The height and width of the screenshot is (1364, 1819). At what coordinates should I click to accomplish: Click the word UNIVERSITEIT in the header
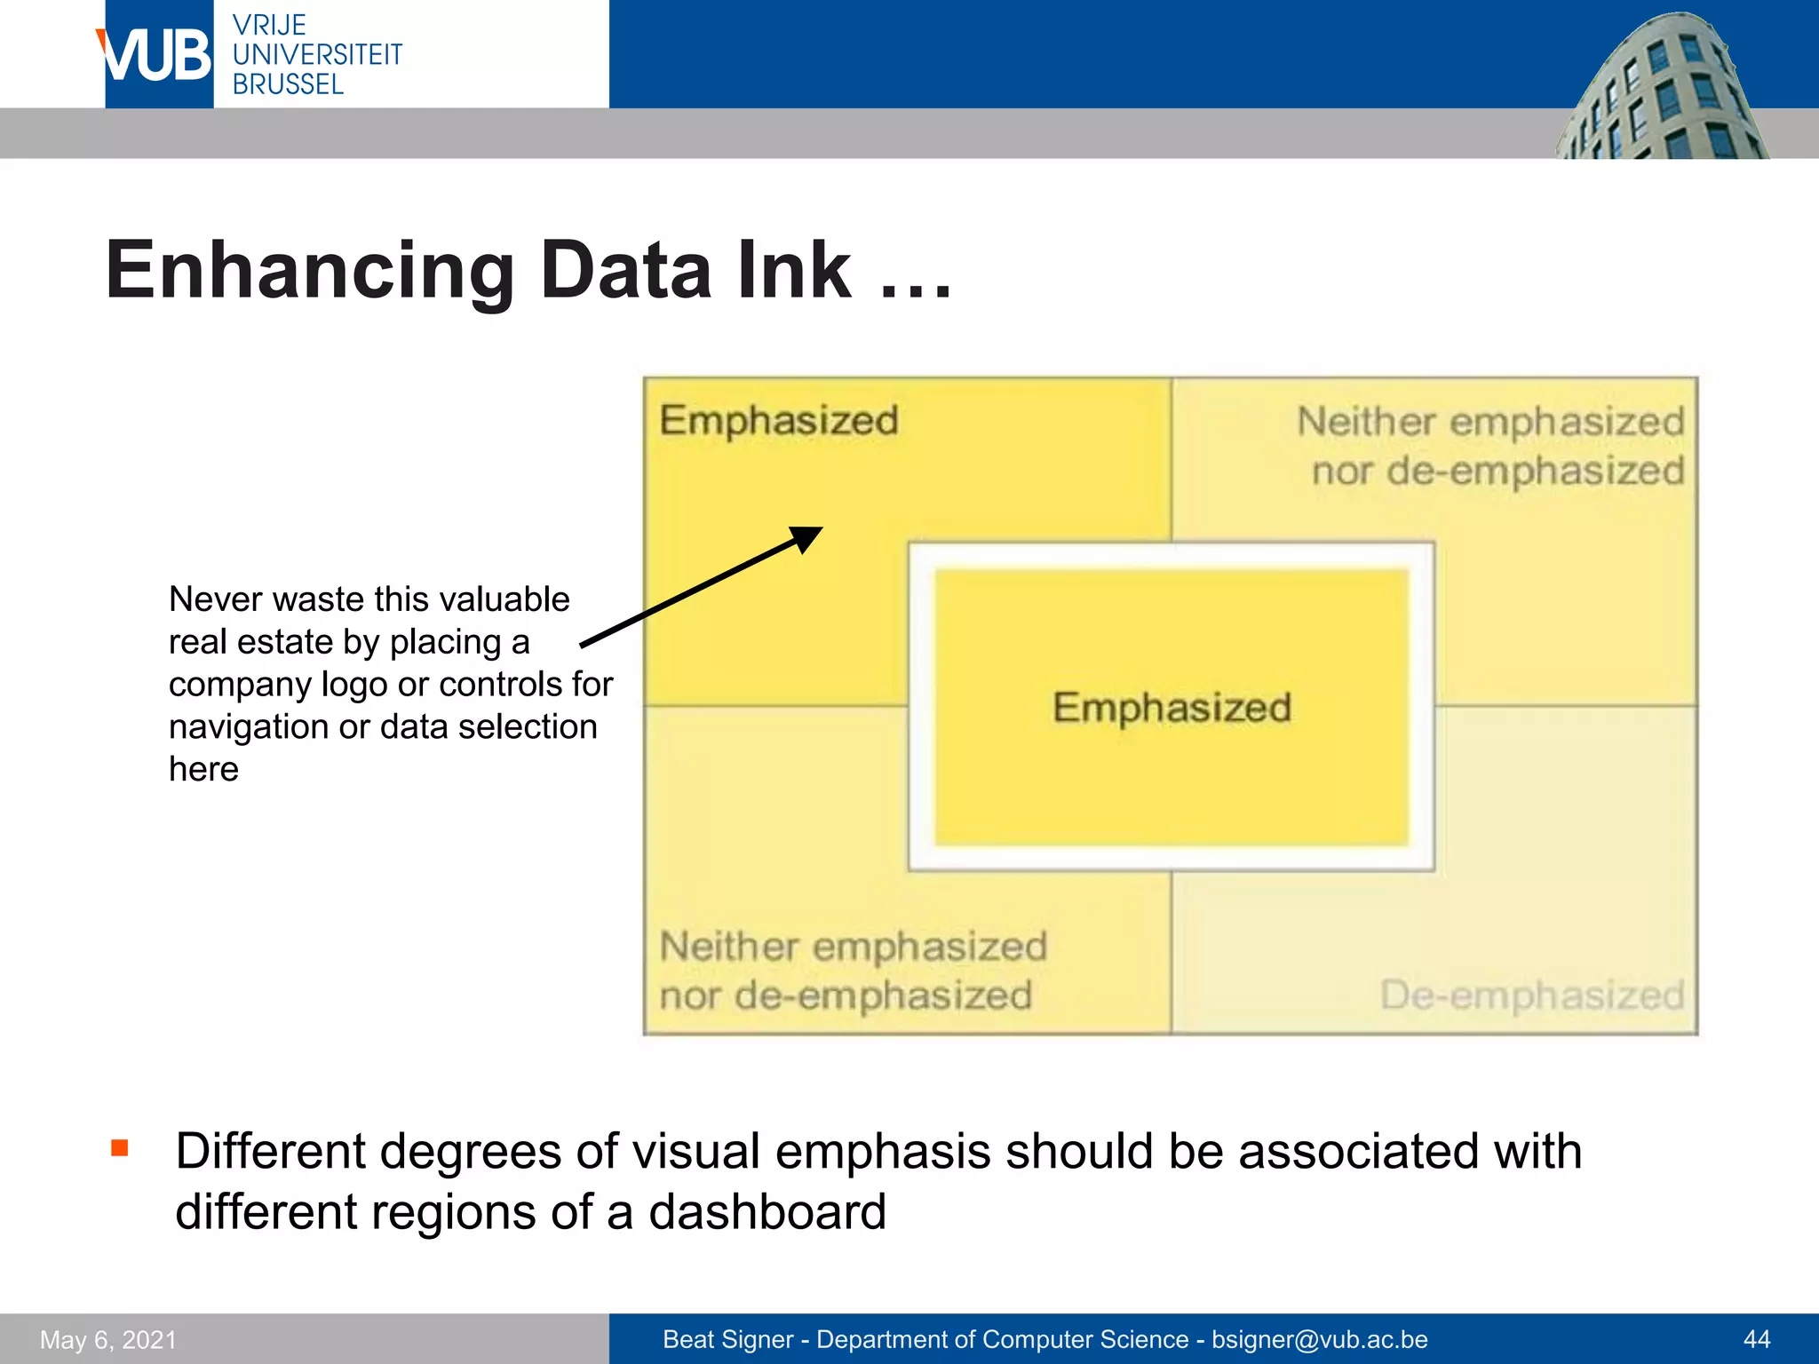click(317, 55)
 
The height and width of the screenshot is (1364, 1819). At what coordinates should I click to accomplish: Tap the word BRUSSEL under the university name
click(288, 85)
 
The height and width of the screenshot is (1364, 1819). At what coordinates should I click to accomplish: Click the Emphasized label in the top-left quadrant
click(779, 420)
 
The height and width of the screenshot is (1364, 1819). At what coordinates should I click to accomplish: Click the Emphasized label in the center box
click(1172, 708)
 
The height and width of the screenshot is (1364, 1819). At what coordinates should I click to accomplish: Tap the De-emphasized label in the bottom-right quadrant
click(1532, 995)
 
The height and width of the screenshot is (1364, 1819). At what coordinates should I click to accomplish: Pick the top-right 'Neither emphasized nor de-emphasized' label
click(1491, 446)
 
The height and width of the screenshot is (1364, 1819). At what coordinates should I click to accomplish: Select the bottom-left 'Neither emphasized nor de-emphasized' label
click(853, 971)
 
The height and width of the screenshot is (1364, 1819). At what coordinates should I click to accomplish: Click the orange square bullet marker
click(120, 1148)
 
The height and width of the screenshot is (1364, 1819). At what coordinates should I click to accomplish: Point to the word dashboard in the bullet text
click(767, 1212)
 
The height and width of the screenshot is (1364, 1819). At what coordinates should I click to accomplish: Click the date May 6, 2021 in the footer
click(108, 1339)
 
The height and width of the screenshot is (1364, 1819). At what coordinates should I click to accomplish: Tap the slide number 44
click(1756, 1339)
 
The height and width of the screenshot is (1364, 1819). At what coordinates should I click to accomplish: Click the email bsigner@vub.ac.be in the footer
click(1320, 1339)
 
